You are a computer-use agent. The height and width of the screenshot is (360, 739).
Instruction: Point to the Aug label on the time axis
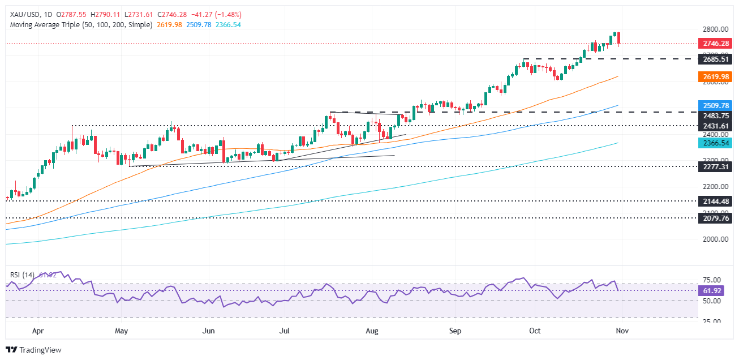coord(372,329)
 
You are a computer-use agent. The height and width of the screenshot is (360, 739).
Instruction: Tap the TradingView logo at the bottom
coord(33,350)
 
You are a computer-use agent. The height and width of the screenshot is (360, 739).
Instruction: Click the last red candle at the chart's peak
coord(620,38)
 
